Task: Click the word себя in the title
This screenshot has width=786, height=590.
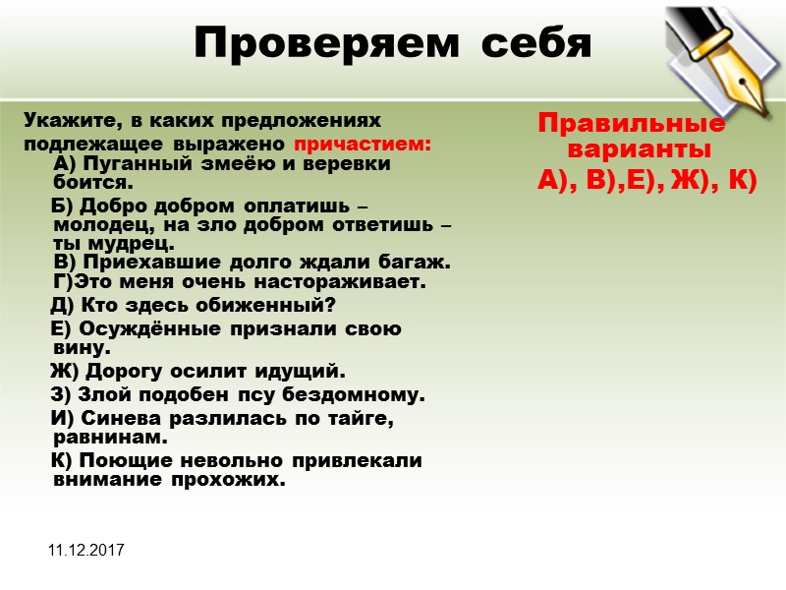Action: click(530, 42)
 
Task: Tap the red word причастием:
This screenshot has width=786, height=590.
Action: click(364, 144)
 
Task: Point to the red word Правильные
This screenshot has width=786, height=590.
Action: click(632, 125)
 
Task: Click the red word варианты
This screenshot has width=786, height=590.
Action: click(640, 150)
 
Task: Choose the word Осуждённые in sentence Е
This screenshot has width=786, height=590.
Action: click(146, 328)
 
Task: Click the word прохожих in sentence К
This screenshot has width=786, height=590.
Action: click(238, 481)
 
